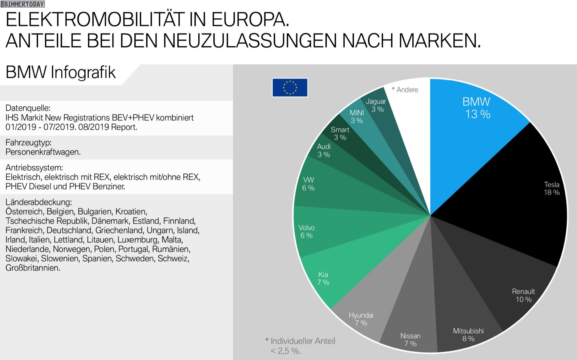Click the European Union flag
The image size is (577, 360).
click(x=290, y=88)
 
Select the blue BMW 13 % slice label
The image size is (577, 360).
click(x=477, y=108)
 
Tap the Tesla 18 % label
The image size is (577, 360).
click(x=551, y=189)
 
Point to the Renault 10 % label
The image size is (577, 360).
click(x=523, y=295)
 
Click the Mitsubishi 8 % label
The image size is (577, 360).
click(x=468, y=335)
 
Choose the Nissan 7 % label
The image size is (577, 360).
click(x=410, y=340)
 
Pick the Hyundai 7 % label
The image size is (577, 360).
click(x=361, y=319)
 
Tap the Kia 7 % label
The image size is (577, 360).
click(x=323, y=278)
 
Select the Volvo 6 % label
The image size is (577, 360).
click(x=307, y=232)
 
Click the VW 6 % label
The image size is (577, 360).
click(x=308, y=184)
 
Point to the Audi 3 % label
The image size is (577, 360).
click(x=324, y=150)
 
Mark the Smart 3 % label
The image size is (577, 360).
click(x=340, y=134)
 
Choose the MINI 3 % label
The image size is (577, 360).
click(x=357, y=117)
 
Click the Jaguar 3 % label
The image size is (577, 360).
click(x=376, y=105)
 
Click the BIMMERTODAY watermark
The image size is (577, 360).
click(x=23, y=4)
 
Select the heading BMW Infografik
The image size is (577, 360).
click(x=61, y=72)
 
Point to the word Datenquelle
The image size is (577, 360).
click(x=28, y=108)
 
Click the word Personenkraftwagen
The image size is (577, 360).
click(x=43, y=152)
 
